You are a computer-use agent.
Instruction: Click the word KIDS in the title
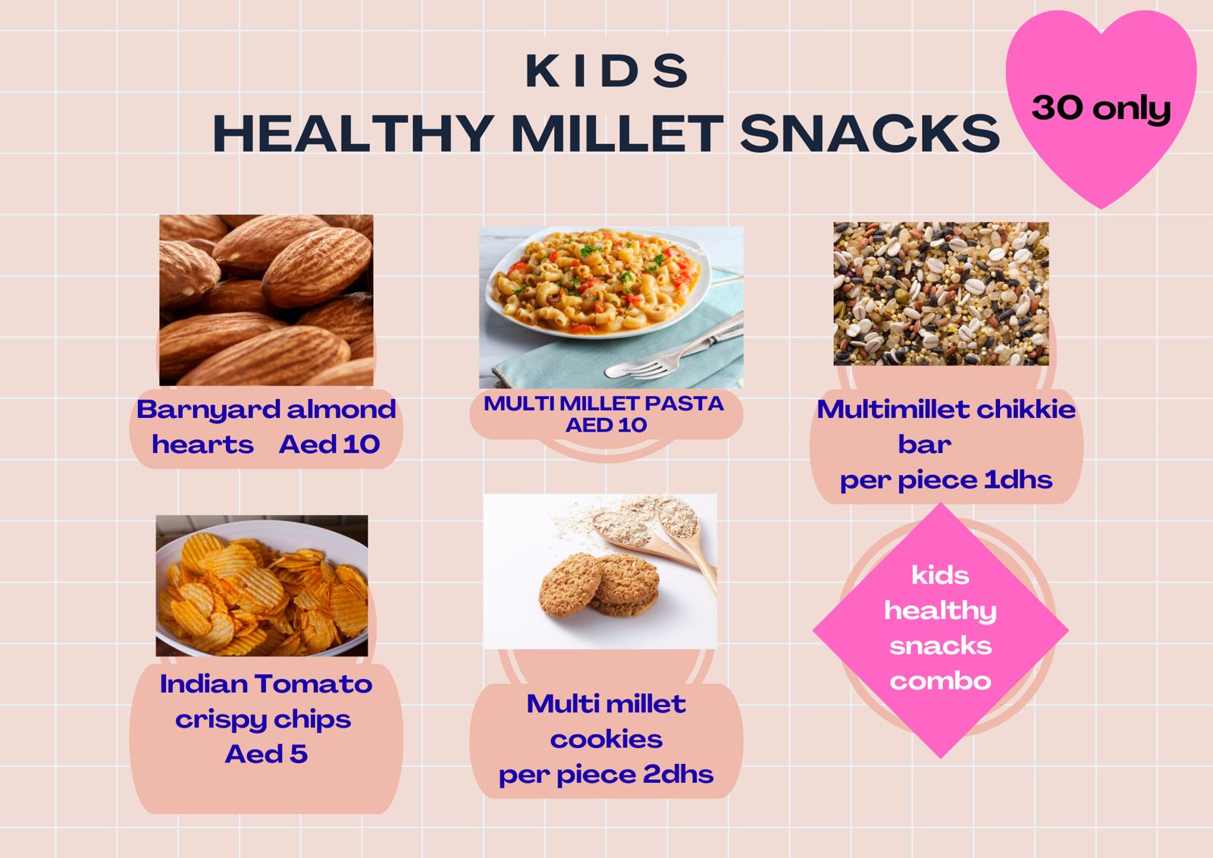pos(606,71)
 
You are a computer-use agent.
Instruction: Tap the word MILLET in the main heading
pos(617,134)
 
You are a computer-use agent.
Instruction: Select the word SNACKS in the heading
pos(870,134)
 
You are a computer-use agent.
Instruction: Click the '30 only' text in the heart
pos(1101,108)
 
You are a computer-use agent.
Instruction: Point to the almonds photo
pos(266,300)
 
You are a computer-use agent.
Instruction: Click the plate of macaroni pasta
pos(598,282)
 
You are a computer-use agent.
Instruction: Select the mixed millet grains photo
pos(941,294)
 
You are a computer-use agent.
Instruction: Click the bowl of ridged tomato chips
pos(262,586)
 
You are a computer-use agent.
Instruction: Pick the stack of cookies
pos(599,584)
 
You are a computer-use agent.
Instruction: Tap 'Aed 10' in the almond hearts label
pos(329,445)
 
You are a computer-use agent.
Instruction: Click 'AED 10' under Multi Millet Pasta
pos(606,425)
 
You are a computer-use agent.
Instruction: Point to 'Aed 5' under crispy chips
pos(266,754)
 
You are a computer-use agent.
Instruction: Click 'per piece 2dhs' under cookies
pos(606,775)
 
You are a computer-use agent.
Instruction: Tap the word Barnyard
pos(208,410)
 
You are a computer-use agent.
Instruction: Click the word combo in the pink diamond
pos(941,681)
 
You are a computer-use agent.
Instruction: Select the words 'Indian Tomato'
pos(266,684)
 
